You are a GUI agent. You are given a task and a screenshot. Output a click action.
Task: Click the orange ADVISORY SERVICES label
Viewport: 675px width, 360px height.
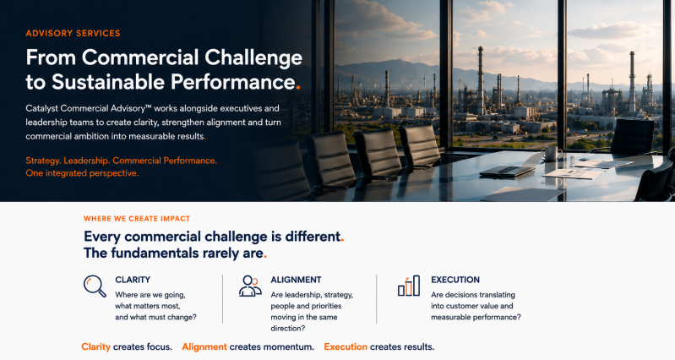point(73,33)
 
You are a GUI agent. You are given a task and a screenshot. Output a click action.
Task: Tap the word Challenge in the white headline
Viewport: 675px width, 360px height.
point(253,58)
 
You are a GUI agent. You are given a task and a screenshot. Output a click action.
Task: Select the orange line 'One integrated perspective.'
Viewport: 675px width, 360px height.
point(82,173)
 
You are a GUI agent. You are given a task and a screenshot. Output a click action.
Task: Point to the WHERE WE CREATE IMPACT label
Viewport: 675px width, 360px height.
point(137,218)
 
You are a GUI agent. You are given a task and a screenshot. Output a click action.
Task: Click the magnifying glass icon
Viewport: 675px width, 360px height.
point(95,286)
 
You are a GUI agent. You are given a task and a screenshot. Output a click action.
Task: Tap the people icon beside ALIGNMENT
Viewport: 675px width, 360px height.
point(250,286)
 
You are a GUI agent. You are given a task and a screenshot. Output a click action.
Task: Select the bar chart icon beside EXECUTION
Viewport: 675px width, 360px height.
point(409,286)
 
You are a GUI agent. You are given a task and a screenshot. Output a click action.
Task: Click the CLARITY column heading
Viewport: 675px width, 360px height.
point(133,280)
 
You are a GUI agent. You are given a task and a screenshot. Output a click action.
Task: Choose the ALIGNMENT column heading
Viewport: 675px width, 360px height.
point(296,280)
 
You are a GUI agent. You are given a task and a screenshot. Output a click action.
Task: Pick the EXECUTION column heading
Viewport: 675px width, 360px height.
point(455,280)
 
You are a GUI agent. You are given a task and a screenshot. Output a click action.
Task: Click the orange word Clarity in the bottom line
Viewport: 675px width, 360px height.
point(96,346)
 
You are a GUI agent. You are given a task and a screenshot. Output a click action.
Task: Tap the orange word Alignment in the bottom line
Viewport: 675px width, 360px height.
point(204,346)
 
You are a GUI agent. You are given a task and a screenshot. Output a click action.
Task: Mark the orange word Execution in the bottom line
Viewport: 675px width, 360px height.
point(346,346)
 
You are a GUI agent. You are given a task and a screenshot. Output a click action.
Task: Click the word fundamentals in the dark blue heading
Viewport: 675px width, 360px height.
point(155,254)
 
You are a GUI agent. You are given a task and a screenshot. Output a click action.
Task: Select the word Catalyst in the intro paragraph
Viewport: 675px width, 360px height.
point(41,108)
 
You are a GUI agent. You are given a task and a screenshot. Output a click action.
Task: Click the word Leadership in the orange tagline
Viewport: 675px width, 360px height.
point(86,161)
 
